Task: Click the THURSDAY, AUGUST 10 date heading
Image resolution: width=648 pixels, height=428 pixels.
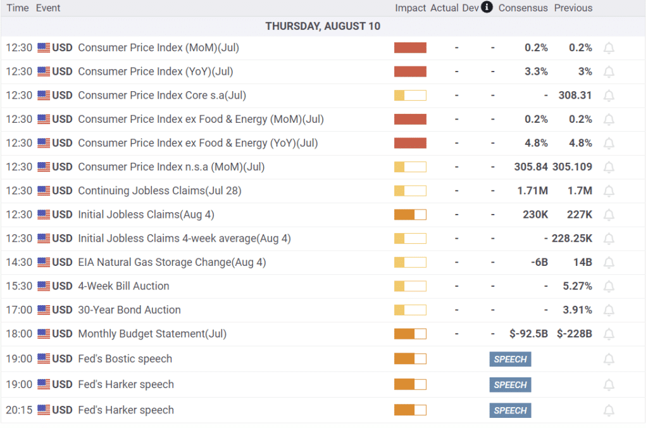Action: pyautogui.click(x=323, y=26)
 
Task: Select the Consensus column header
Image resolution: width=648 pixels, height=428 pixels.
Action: pyautogui.click(x=522, y=8)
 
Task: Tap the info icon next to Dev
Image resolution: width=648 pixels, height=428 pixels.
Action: pyautogui.click(x=487, y=8)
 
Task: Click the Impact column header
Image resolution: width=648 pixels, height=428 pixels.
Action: pyautogui.click(x=411, y=8)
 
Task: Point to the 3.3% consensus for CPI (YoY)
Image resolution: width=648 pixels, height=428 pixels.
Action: pyautogui.click(x=536, y=72)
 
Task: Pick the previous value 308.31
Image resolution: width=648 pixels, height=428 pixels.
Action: pyautogui.click(x=575, y=96)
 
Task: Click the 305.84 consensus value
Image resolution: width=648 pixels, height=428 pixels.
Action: pyautogui.click(x=531, y=167)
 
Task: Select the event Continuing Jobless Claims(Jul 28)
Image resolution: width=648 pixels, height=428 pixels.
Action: pyautogui.click(x=159, y=191)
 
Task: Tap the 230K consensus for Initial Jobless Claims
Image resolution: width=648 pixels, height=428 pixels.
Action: pyautogui.click(x=535, y=215)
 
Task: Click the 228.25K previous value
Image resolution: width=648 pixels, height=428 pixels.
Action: pyautogui.click(x=571, y=239)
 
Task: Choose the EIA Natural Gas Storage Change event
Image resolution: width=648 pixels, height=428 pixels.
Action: pyautogui.click(x=171, y=262)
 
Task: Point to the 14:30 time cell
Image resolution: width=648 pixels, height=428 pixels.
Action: pyautogui.click(x=19, y=262)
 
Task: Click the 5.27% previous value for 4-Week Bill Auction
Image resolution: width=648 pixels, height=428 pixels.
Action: pyautogui.click(x=577, y=286)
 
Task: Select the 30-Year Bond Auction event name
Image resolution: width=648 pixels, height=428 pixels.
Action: pyautogui.click(x=129, y=310)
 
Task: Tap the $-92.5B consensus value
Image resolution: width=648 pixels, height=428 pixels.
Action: pyautogui.click(x=528, y=334)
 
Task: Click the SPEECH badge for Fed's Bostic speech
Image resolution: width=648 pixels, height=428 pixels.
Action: pyautogui.click(x=510, y=359)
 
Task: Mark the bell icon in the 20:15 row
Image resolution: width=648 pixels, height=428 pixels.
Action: pyautogui.click(x=609, y=410)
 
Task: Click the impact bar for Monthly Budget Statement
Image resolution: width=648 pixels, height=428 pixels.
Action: pyautogui.click(x=410, y=334)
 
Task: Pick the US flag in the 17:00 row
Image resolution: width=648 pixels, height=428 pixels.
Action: pyautogui.click(x=44, y=310)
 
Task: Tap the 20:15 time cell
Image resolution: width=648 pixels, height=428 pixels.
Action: pyautogui.click(x=19, y=410)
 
